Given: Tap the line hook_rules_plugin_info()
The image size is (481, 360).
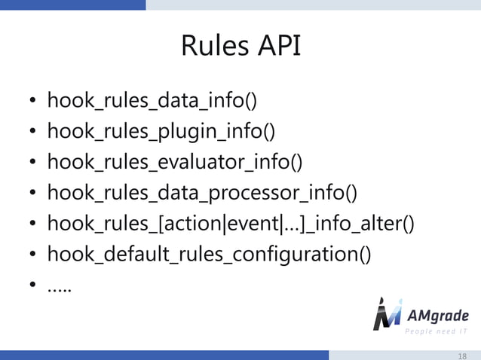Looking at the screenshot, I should pyautogui.click(x=161, y=132).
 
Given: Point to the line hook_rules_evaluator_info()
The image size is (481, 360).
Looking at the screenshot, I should pyautogui.click(x=175, y=162).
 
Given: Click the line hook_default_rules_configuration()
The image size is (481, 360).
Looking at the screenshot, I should pyautogui.click(x=209, y=255).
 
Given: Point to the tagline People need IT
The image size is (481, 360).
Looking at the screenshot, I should pyautogui.click(x=437, y=331).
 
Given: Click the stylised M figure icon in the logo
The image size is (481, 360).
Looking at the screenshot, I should pyautogui.click(x=387, y=314).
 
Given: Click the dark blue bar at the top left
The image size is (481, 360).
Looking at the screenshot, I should pyautogui.click(x=72, y=5).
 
